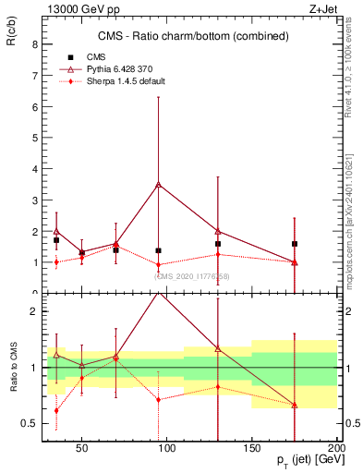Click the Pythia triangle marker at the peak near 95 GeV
[x=159, y=184]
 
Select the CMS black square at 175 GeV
[x=295, y=244]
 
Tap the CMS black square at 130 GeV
[x=218, y=244]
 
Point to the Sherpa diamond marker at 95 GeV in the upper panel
[x=159, y=265]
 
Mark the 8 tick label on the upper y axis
[x=34, y=44]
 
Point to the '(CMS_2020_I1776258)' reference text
[x=192, y=276]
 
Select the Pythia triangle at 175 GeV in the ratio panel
[x=295, y=405]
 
